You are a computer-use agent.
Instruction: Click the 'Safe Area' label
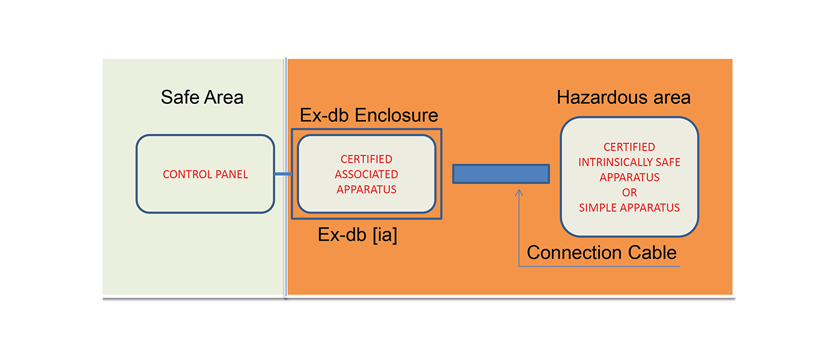point(202,97)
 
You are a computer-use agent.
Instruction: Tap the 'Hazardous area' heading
point(623,97)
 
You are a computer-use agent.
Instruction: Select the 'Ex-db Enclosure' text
point(369,115)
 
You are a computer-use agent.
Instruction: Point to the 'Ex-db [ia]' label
point(358,235)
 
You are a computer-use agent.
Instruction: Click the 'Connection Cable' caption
point(602,253)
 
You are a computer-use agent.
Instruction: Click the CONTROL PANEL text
point(205,175)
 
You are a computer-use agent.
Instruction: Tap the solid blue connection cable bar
point(501,174)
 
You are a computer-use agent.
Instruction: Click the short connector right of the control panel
point(283,175)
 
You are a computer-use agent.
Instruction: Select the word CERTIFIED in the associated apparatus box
point(366,160)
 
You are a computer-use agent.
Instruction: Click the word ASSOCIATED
point(366,175)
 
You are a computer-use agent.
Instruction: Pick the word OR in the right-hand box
point(629,193)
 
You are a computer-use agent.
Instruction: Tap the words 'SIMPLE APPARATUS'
point(629,208)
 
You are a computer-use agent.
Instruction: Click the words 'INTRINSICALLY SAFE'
point(629,163)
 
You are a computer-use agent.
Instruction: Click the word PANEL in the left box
point(232,175)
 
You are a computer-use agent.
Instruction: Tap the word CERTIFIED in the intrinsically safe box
point(629,147)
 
